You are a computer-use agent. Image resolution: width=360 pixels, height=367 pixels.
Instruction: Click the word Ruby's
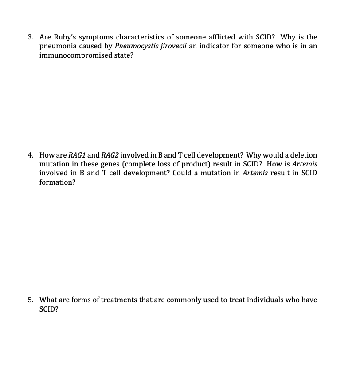(67, 37)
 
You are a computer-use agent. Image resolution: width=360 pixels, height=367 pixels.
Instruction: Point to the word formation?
(57, 182)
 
